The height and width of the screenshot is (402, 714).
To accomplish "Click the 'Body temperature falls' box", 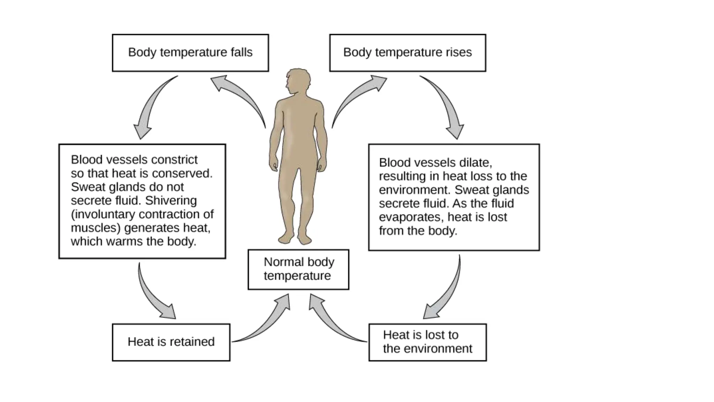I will (190, 53).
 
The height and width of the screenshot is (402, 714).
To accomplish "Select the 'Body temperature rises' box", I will (408, 53).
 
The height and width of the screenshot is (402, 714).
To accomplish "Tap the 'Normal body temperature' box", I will (298, 269).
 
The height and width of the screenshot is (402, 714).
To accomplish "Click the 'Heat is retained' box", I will (171, 342).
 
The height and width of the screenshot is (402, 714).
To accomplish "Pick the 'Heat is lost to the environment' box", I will (427, 342).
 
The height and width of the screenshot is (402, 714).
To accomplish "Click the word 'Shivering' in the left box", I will (171, 201).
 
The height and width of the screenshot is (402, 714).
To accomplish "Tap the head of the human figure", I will (297, 81).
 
